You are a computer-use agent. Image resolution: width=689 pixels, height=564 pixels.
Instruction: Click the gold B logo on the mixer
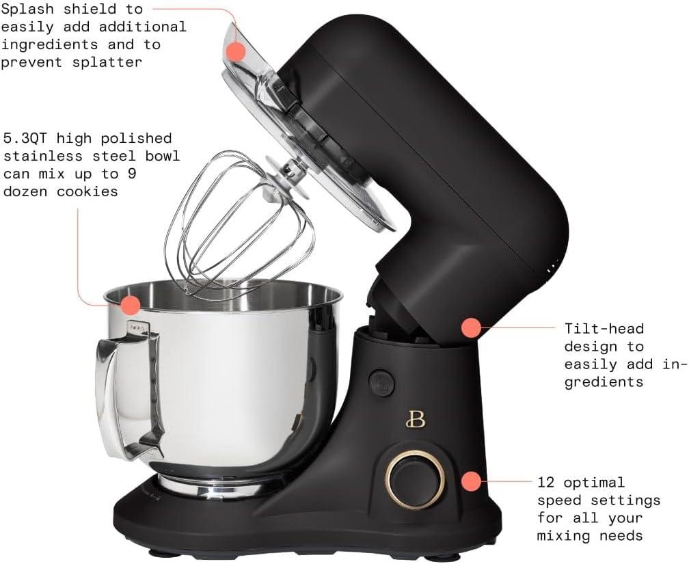click(415, 418)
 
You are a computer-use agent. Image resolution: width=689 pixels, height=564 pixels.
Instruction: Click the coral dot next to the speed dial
click(471, 481)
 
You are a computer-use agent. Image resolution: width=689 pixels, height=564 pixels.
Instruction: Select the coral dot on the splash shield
click(236, 51)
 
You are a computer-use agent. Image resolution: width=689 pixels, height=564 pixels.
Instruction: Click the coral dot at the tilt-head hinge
click(471, 327)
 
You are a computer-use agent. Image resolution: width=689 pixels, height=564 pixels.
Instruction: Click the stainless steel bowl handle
click(126, 390)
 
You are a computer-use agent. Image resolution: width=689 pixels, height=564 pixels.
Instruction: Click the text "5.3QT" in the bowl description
click(27, 139)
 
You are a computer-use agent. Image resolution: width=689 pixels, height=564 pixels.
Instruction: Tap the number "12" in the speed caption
click(547, 483)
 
